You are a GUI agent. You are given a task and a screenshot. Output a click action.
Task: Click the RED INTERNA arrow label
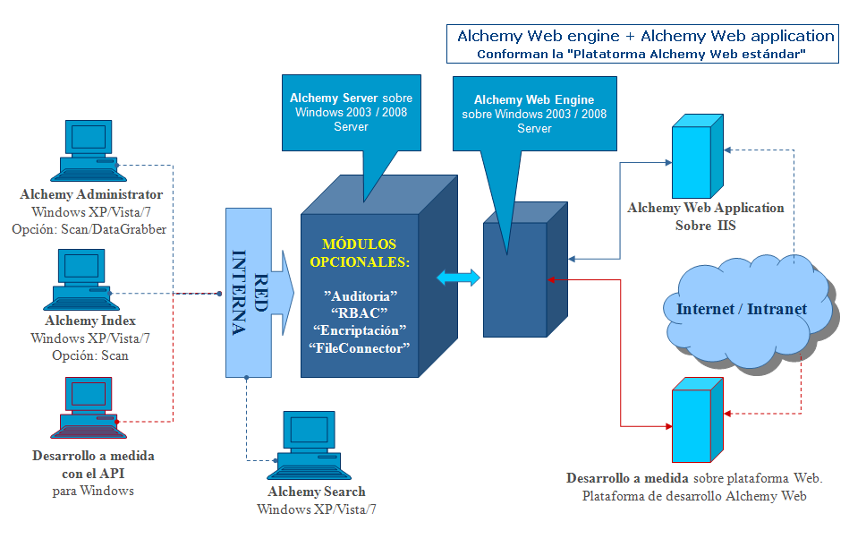point(250,291)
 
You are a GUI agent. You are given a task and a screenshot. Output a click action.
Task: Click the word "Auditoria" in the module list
point(361,295)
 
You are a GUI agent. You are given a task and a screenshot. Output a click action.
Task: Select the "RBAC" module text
point(361,312)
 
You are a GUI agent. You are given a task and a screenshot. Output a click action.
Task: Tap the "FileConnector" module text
point(361,347)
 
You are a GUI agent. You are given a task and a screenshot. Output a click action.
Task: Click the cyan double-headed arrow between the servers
point(458,278)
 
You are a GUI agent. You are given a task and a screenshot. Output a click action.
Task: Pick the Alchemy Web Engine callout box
point(533,114)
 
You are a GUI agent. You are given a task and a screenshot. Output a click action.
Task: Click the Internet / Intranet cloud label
point(742,309)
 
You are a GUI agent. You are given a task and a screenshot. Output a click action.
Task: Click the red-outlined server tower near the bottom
point(695,417)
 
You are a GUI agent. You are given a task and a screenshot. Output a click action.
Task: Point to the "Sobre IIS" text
point(706,226)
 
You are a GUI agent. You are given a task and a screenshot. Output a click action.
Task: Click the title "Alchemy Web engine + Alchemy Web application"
point(645,37)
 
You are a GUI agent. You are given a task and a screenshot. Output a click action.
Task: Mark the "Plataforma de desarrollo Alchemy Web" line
point(694,496)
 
